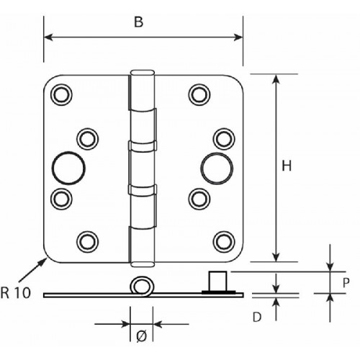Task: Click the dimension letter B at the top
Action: pyautogui.click(x=139, y=22)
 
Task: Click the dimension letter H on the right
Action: pyautogui.click(x=287, y=166)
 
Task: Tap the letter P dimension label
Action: pyautogui.click(x=346, y=283)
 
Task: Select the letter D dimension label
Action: pyautogui.click(x=257, y=318)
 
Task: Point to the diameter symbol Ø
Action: pyautogui.click(x=141, y=336)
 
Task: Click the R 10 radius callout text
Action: pyautogui.click(x=16, y=293)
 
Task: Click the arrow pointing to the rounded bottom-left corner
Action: pyautogui.click(x=32, y=270)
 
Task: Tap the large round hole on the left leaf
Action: pyautogui.click(x=68, y=168)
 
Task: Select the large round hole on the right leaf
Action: pyautogui.click(x=217, y=168)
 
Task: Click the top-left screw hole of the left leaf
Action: pyautogui.click(x=61, y=94)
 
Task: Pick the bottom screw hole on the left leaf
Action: pyautogui.click(x=87, y=242)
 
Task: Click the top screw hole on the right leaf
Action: pyautogui.click(x=199, y=94)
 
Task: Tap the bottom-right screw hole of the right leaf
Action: pyautogui.click(x=224, y=242)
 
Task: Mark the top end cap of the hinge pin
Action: pyautogui.click(x=142, y=73)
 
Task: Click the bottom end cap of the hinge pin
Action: pyautogui.click(x=142, y=264)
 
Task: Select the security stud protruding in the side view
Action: pyautogui.click(x=218, y=282)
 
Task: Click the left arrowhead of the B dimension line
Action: pyautogui.click(x=48, y=37)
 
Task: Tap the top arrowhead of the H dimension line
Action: pyautogui.click(x=276, y=79)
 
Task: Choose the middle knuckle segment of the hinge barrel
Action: pyautogui.click(x=142, y=168)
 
